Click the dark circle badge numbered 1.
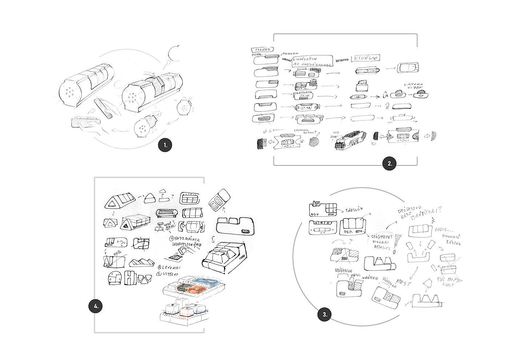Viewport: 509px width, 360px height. (x=165, y=145)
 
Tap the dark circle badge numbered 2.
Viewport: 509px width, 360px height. (x=389, y=164)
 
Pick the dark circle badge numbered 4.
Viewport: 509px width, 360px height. (x=96, y=307)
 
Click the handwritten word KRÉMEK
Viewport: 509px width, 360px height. (x=371, y=279)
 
